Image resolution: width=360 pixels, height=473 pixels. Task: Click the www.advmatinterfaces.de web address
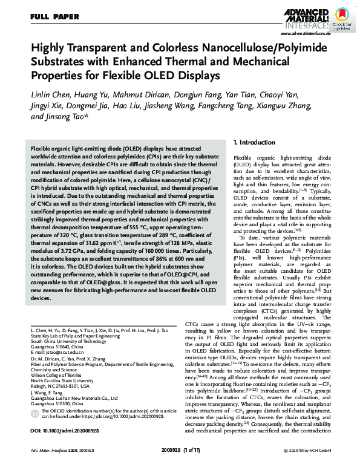298,36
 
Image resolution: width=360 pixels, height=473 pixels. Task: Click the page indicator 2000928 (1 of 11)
180,466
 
